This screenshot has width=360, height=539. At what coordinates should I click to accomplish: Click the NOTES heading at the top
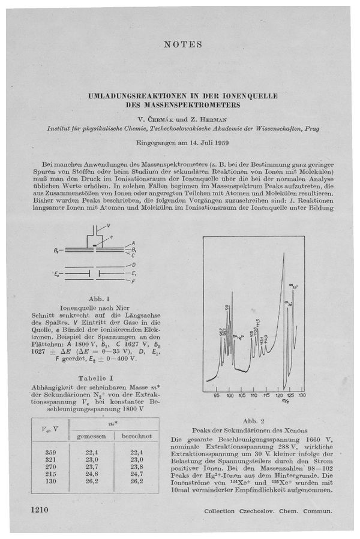coord(182,45)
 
